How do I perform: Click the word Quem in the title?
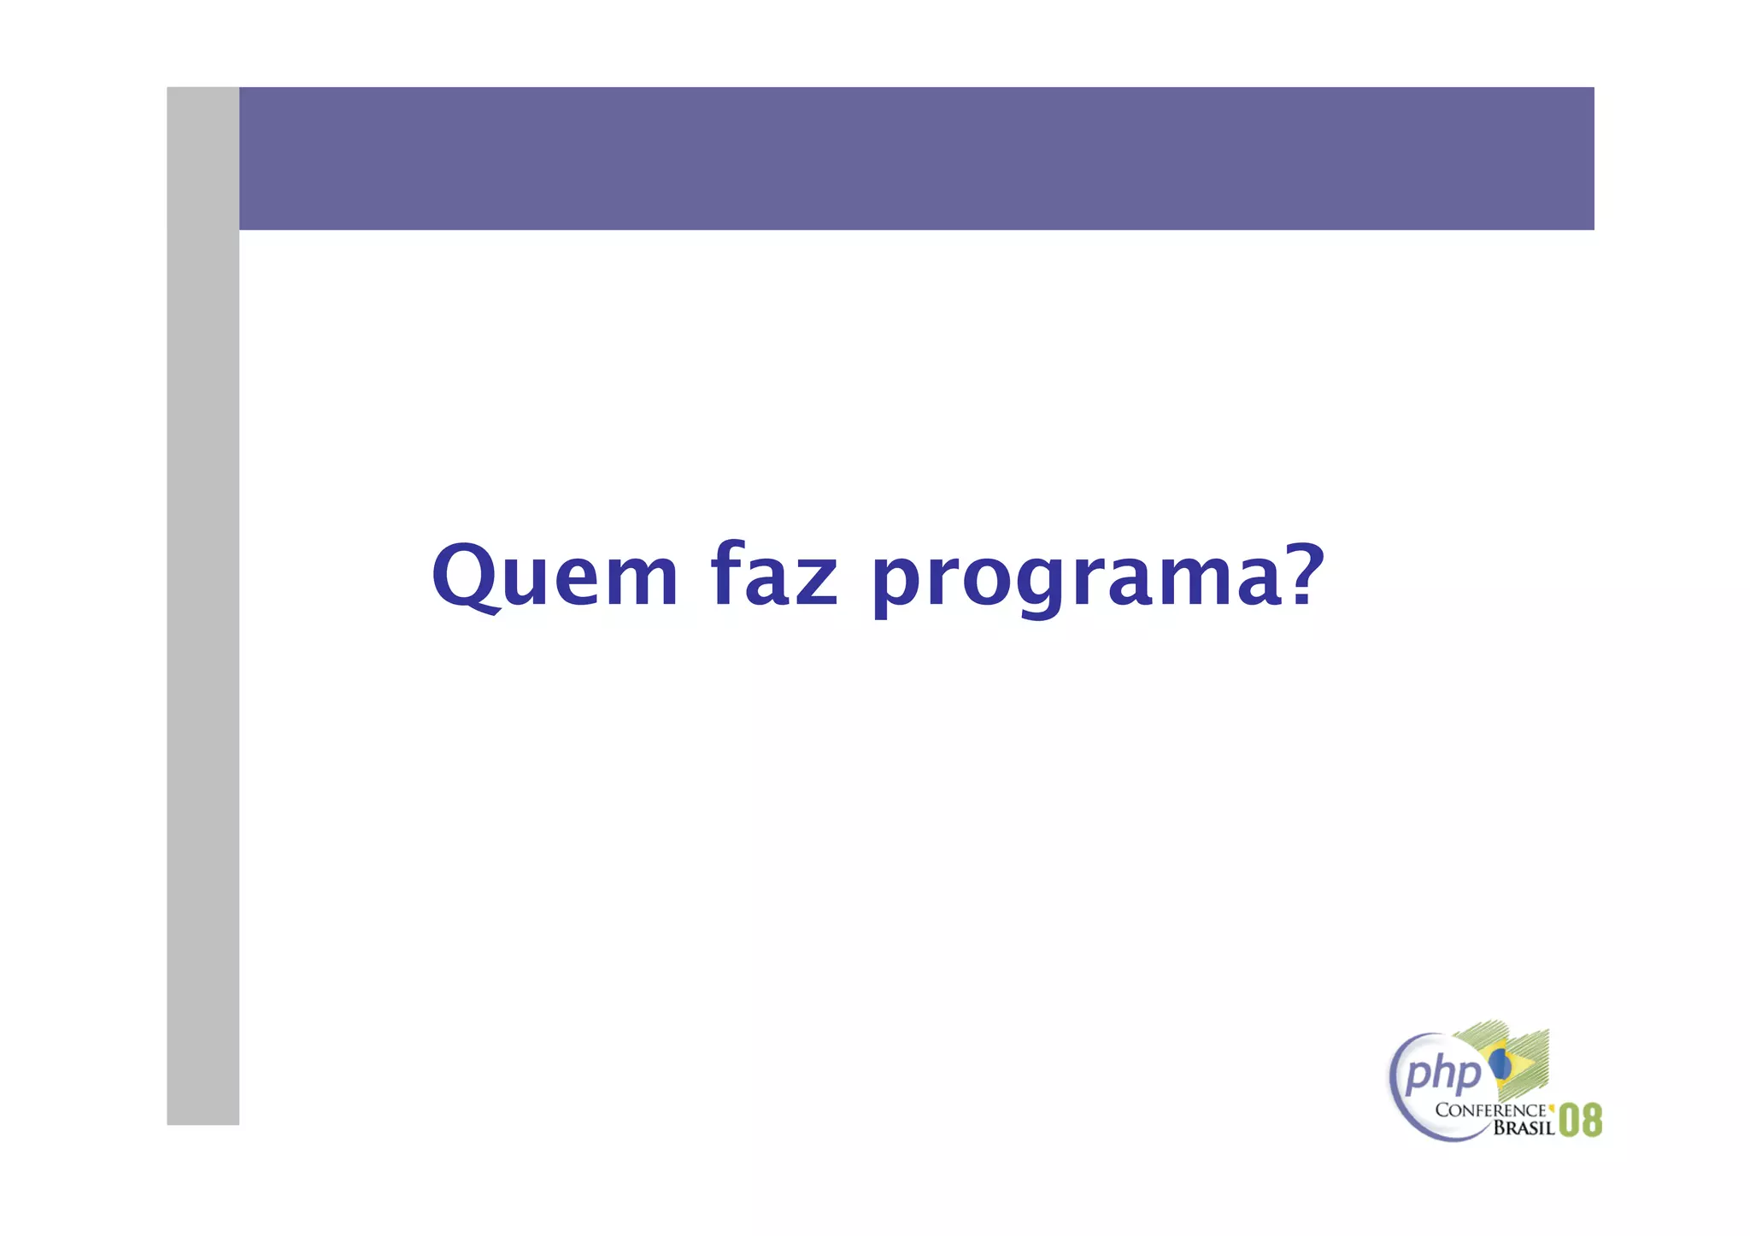click(x=555, y=576)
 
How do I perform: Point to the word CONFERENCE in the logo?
click(x=1490, y=1110)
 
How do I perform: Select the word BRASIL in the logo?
click(x=1524, y=1128)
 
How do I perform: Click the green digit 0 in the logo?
click(x=1570, y=1121)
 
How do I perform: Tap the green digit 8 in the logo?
click(x=1591, y=1121)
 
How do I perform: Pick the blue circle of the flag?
click(x=1500, y=1064)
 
